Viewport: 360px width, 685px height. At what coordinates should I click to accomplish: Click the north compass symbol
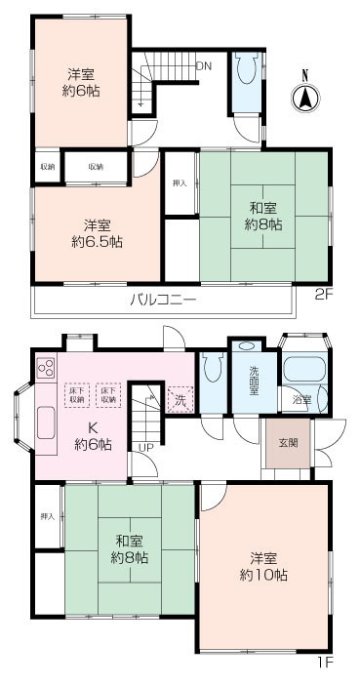pos(305,96)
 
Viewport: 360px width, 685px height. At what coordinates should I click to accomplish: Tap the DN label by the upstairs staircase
pos(204,66)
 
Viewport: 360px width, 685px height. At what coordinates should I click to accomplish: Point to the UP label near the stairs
pos(145,447)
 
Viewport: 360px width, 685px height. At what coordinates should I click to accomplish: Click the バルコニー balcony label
pos(163,299)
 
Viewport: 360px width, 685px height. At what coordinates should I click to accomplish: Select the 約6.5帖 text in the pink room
pos(96,241)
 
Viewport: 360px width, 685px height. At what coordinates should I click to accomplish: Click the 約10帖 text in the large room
pos(266,576)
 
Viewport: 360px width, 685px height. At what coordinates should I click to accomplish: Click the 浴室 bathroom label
pos(301,399)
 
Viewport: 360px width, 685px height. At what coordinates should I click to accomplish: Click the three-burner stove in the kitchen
pos(46,369)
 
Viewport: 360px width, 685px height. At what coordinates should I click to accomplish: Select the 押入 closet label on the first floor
pos(46,515)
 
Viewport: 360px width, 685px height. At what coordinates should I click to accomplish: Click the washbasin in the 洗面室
pos(246,346)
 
